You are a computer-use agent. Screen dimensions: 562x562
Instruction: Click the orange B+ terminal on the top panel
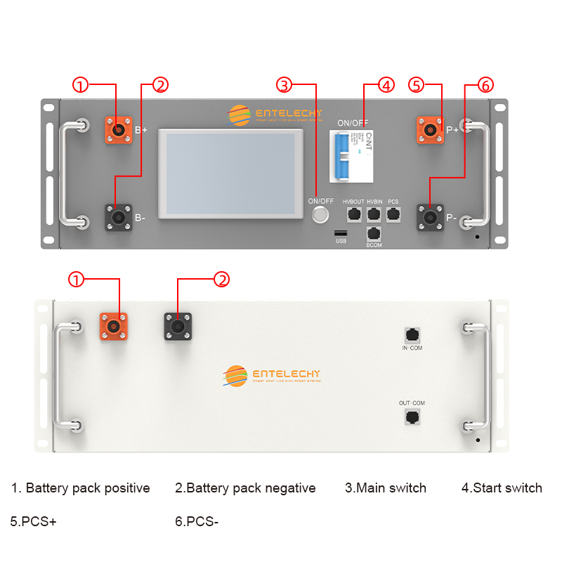pos(118,130)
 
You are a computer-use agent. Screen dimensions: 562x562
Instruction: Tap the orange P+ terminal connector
pos(430,130)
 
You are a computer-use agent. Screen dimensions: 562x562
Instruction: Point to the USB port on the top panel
pos(341,233)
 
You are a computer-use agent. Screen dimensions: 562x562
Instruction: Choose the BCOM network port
pos(374,235)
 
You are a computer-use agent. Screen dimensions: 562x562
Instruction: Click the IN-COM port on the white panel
pos(412,334)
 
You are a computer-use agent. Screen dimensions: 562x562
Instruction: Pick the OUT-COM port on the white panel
pos(412,417)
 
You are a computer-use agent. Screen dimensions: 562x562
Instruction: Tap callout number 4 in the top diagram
pos(386,85)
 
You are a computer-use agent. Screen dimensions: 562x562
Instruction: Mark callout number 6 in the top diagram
pos(485,85)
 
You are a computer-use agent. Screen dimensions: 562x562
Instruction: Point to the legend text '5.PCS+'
pos(33,522)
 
